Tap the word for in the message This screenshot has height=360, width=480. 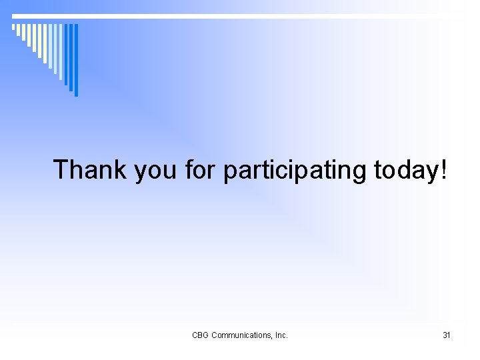(201, 170)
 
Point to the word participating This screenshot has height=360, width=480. (295, 171)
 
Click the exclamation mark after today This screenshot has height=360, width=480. (445, 170)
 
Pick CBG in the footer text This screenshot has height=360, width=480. (200, 335)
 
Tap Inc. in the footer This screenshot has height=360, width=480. (280, 335)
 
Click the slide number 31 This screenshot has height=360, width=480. (447, 335)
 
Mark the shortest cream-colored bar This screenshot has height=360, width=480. (13, 27)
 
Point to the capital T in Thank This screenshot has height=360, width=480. (62, 170)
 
